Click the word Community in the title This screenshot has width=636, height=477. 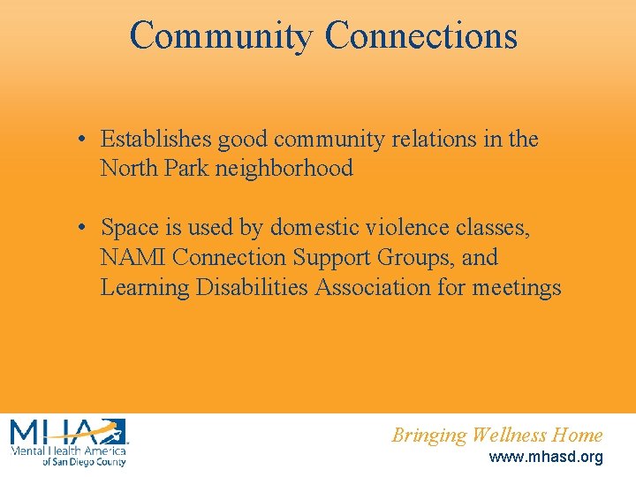click(221, 36)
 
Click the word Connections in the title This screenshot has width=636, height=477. click(420, 36)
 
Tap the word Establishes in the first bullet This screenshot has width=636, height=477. click(156, 140)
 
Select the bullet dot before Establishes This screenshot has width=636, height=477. click(79, 140)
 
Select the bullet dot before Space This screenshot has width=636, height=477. click(79, 229)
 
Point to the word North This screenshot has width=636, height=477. click(126, 168)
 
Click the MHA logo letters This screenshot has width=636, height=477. click(67, 433)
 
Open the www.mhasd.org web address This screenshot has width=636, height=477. click(546, 458)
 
